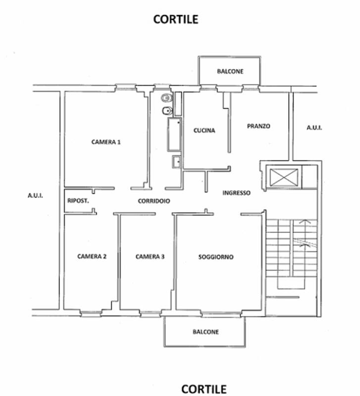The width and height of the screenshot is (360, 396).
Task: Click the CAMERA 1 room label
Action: pyautogui.click(x=106, y=142)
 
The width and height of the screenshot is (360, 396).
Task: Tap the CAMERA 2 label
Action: pyautogui.click(x=92, y=256)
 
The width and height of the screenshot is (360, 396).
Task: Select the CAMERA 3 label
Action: pyautogui.click(x=150, y=256)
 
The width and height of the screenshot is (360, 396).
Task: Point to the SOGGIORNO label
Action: pyautogui.click(x=216, y=257)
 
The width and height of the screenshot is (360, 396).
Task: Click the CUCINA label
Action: pyautogui.click(x=204, y=130)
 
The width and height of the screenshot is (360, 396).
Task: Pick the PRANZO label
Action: pyautogui.click(x=258, y=126)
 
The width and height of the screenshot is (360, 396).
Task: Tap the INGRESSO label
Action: pyautogui.click(x=237, y=193)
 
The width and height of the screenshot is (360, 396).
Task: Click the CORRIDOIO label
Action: pyautogui.click(x=154, y=201)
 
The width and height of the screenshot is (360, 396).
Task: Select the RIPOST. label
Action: pyautogui.click(x=78, y=201)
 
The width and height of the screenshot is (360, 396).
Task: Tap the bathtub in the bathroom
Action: pyautogui.click(x=174, y=134)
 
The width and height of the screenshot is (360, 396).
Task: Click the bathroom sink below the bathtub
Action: pyautogui.click(x=176, y=162)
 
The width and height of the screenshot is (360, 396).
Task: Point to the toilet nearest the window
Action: pyautogui.click(x=167, y=98)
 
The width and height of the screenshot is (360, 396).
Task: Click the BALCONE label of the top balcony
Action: pyautogui.click(x=230, y=71)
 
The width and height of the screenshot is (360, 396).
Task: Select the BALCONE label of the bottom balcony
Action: pyautogui.click(x=206, y=332)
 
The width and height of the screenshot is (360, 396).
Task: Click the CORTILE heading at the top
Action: pyautogui.click(x=176, y=19)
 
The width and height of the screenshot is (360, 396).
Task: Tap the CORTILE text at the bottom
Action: pyautogui.click(x=204, y=389)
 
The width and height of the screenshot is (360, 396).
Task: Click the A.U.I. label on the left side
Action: pyautogui.click(x=35, y=196)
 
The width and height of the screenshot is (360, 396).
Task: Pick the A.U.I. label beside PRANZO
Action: pyautogui.click(x=314, y=128)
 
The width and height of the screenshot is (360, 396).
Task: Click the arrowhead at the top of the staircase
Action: pyautogui.click(x=305, y=221)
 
